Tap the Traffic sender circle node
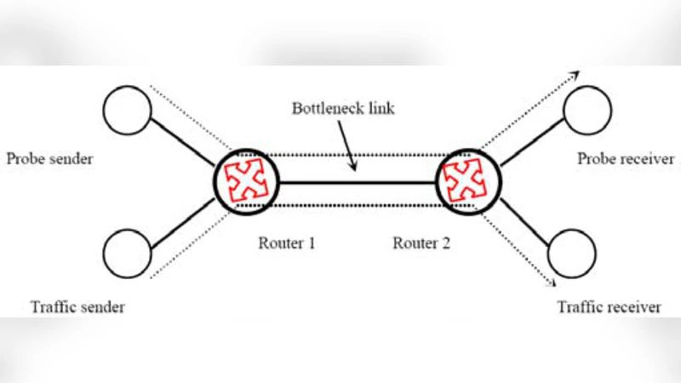tap(127, 253)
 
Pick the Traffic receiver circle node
tap(569, 253)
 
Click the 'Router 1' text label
tap(287, 243)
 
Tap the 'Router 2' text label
tap(421, 243)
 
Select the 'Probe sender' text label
tap(49, 159)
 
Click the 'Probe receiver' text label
tap(626, 159)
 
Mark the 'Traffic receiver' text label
tap(609, 307)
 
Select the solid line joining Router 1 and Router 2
tap(358, 181)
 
